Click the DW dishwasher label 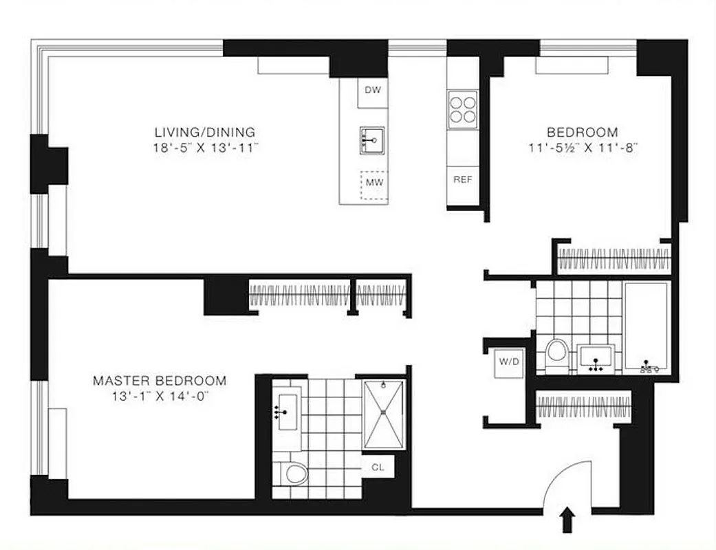pyautogui.click(x=372, y=90)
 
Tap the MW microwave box pyautogui.click(x=373, y=184)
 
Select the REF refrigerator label pyautogui.click(x=462, y=179)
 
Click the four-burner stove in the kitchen pyautogui.click(x=463, y=109)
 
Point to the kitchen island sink pyautogui.click(x=371, y=140)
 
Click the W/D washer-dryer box pyautogui.click(x=510, y=363)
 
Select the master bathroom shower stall pyautogui.click(x=383, y=414)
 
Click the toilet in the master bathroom pyautogui.click(x=295, y=473)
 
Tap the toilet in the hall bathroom pyautogui.click(x=557, y=355)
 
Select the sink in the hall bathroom pyautogui.click(x=596, y=357)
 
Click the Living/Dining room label pyautogui.click(x=204, y=132)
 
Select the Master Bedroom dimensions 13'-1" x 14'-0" pyautogui.click(x=159, y=396)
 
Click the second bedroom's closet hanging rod pyautogui.click(x=614, y=259)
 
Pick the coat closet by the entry pyautogui.click(x=583, y=406)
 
